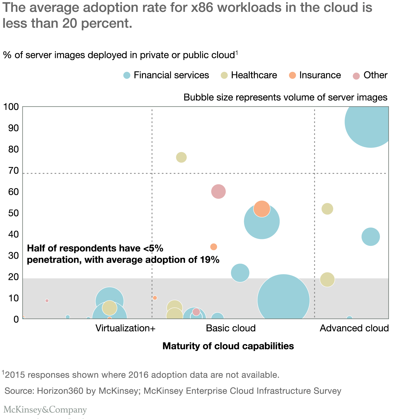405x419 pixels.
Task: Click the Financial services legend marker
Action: coord(127,75)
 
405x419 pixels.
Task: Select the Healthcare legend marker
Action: coord(224,75)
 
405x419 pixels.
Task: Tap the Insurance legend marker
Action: coord(292,75)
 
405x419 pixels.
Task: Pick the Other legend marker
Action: coord(356,76)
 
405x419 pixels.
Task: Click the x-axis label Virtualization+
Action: coord(126,328)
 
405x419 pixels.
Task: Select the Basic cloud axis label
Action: coord(231,328)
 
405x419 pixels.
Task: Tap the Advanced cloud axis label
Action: coord(354,328)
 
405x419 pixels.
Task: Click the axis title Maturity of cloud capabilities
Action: coord(228,346)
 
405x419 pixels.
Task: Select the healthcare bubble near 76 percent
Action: coord(181,157)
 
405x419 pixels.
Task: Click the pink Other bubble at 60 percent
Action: coord(218,191)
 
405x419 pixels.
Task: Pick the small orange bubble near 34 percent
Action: coord(214,247)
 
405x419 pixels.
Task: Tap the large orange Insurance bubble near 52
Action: coord(262,209)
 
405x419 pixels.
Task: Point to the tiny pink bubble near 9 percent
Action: coord(47,301)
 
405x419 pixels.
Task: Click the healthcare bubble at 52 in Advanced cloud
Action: coord(327,209)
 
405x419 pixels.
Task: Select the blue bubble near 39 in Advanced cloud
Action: coord(370,237)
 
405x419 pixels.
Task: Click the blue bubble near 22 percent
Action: coord(240,273)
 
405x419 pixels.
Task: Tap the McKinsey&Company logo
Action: coord(45,410)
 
